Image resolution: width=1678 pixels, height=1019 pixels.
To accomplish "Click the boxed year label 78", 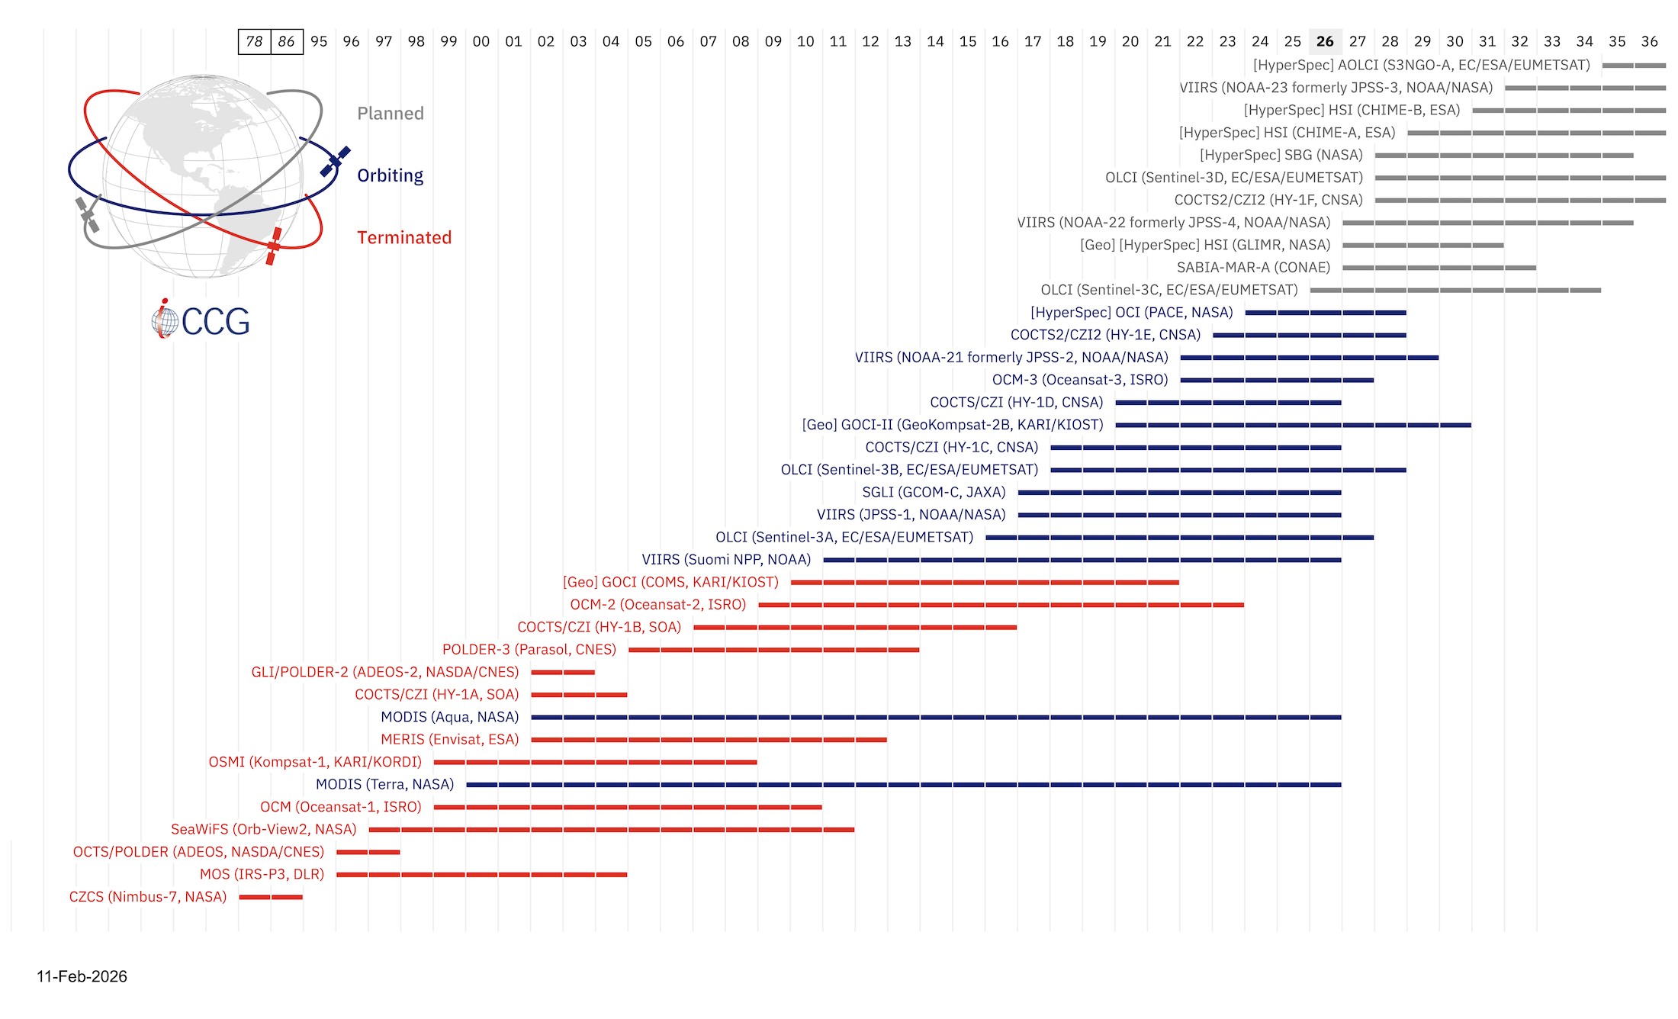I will [x=254, y=42].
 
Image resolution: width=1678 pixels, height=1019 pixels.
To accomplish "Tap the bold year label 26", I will [x=1325, y=42].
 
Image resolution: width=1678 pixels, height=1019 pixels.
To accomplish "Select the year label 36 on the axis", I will [x=1649, y=42].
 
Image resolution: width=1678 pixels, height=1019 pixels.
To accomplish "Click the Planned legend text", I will [x=390, y=114].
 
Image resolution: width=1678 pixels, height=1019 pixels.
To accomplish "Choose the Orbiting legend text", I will [x=390, y=175].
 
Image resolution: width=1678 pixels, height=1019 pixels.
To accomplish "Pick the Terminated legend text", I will [x=404, y=238].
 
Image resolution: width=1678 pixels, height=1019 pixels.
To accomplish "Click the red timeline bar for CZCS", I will [x=271, y=897].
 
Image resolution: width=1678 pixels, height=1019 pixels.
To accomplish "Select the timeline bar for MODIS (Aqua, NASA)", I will [x=935, y=717].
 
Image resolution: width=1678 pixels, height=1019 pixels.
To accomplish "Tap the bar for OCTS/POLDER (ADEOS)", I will [x=368, y=852].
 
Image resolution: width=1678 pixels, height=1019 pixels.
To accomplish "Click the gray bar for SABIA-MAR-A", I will [x=1439, y=268].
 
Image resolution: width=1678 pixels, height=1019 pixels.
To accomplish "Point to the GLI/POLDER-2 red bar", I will [x=563, y=672].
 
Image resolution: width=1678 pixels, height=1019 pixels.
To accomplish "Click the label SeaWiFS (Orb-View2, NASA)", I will [x=263, y=829].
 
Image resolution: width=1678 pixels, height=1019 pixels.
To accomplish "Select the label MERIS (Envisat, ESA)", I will [x=449, y=739].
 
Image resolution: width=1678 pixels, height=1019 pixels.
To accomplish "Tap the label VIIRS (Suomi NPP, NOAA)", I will [x=726, y=560].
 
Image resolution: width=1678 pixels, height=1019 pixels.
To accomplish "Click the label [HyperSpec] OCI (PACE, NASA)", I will [x=1131, y=313].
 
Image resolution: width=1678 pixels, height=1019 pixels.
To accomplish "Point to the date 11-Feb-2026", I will [x=82, y=976].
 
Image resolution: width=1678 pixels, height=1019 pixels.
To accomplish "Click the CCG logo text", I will [x=215, y=322].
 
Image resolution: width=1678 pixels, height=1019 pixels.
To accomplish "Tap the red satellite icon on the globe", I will [x=274, y=246].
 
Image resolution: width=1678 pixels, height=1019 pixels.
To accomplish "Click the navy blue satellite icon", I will [x=335, y=161].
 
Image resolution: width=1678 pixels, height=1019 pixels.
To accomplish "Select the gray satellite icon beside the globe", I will [x=87, y=215].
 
